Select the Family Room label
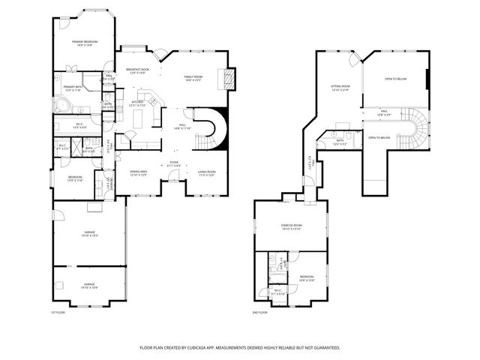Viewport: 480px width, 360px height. click(193, 78)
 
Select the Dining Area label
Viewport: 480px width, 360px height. click(137, 173)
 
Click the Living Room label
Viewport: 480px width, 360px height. click(206, 173)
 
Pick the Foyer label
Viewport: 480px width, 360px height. click(173, 163)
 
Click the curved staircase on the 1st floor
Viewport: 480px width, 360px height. click(211, 129)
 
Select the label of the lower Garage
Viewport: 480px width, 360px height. click(89, 285)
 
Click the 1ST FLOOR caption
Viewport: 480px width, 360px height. click(58, 311)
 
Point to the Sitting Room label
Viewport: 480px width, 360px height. click(340, 88)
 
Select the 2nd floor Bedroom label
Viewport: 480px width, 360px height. click(307, 277)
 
